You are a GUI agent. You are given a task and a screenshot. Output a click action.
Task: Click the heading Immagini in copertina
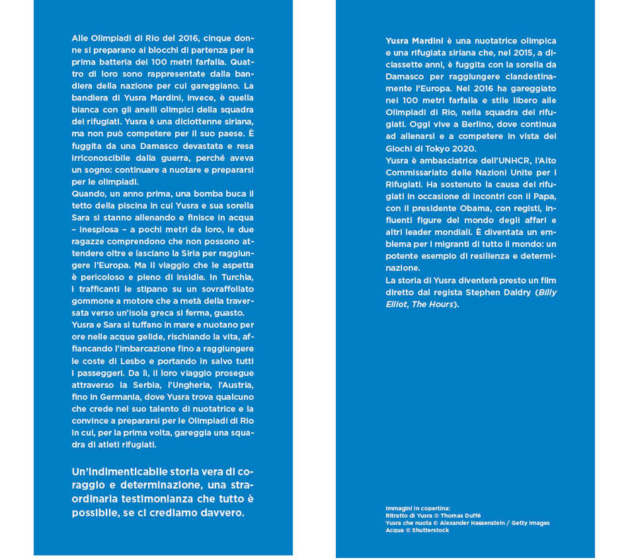click(x=418, y=508)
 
